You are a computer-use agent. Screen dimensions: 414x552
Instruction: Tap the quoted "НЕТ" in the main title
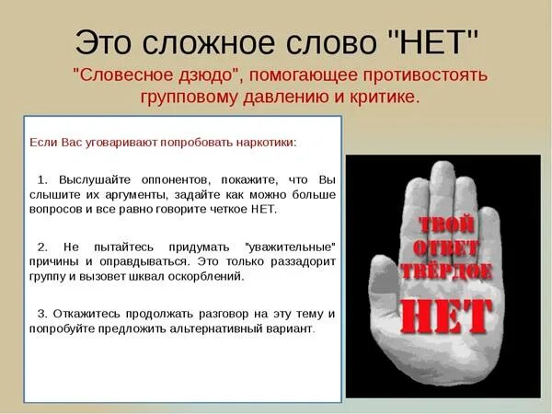click(433, 40)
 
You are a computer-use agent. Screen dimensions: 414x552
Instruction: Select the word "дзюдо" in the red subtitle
click(195, 75)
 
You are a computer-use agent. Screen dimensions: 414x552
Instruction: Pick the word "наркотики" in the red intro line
click(267, 143)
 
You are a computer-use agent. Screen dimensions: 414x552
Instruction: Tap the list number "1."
click(42, 178)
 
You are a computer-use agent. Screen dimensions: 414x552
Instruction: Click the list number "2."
click(42, 247)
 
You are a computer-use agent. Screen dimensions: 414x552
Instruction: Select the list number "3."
click(42, 314)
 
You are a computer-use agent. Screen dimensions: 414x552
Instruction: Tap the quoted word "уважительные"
click(290, 247)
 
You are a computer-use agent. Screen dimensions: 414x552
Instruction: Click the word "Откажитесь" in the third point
click(86, 314)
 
